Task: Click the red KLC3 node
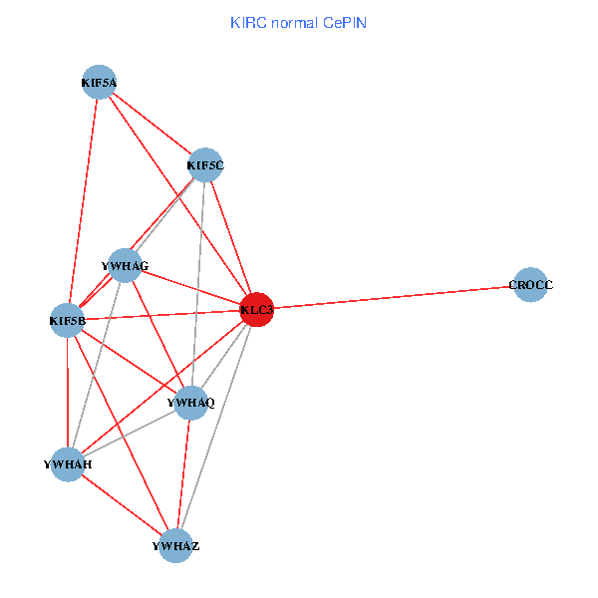[x=257, y=310]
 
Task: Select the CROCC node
[x=530, y=285]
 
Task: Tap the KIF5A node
[x=100, y=83]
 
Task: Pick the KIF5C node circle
[x=205, y=165]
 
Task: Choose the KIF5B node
[x=68, y=321]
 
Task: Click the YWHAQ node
[x=190, y=403]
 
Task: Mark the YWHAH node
[x=68, y=464]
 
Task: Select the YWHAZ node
[x=176, y=546]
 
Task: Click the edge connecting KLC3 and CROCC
[x=394, y=298]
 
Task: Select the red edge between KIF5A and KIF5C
[x=152, y=124]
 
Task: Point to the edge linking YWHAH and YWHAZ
[x=122, y=505]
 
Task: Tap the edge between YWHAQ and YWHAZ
[x=183, y=474]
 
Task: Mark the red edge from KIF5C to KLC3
[x=231, y=237]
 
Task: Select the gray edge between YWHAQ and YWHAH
[x=130, y=434]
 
